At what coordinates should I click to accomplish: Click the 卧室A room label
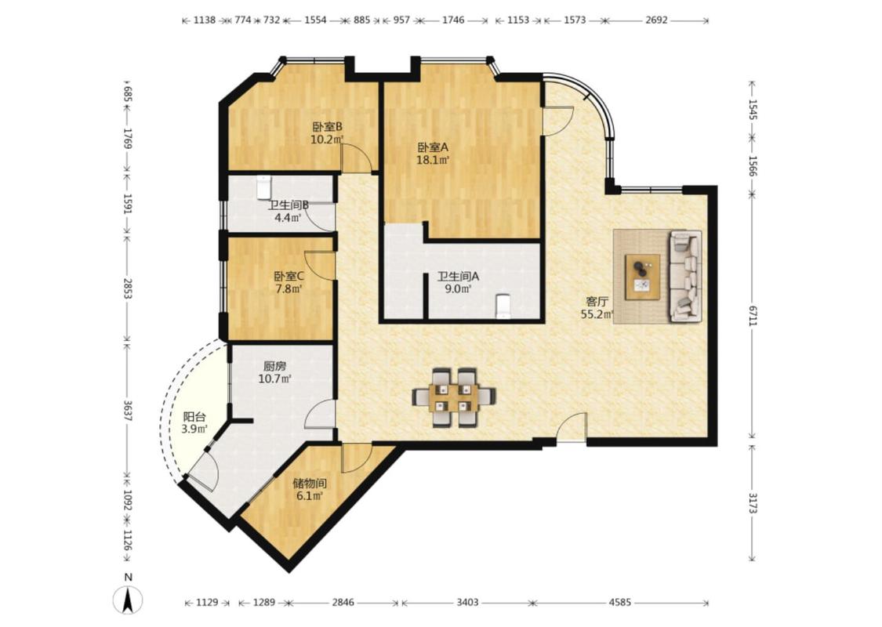(433, 147)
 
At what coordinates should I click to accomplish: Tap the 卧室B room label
(328, 126)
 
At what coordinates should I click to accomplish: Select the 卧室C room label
(289, 277)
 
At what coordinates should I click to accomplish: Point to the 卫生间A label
(459, 277)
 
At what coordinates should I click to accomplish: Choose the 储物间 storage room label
(310, 484)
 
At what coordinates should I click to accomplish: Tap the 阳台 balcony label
(194, 417)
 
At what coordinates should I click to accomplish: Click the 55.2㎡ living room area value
(597, 314)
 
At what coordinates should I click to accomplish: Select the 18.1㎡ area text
(433, 160)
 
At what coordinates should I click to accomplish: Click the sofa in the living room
(685, 276)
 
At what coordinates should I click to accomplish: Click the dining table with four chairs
(454, 397)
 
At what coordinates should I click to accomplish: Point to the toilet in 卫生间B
(263, 187)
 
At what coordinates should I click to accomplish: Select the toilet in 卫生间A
(503, 307)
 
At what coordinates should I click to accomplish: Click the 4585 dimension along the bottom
(620, 602)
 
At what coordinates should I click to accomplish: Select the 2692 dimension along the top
(656, 20)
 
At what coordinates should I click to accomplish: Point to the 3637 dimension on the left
(128, 411)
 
